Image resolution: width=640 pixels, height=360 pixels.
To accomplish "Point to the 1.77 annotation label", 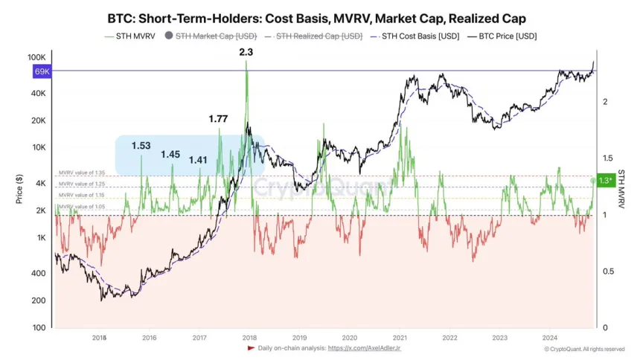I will pos(218,118).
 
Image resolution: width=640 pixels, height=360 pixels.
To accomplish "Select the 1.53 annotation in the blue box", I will pos(141,146).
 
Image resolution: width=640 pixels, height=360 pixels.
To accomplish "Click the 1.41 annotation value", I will pos(199,160).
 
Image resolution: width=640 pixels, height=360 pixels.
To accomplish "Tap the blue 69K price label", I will pos(42,71).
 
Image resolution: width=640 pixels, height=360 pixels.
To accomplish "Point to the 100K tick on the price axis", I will pos(37,57).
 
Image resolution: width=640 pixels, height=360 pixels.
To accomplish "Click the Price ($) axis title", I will pos(17,190).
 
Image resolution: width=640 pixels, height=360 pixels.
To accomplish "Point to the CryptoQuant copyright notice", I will pos(583,348).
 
